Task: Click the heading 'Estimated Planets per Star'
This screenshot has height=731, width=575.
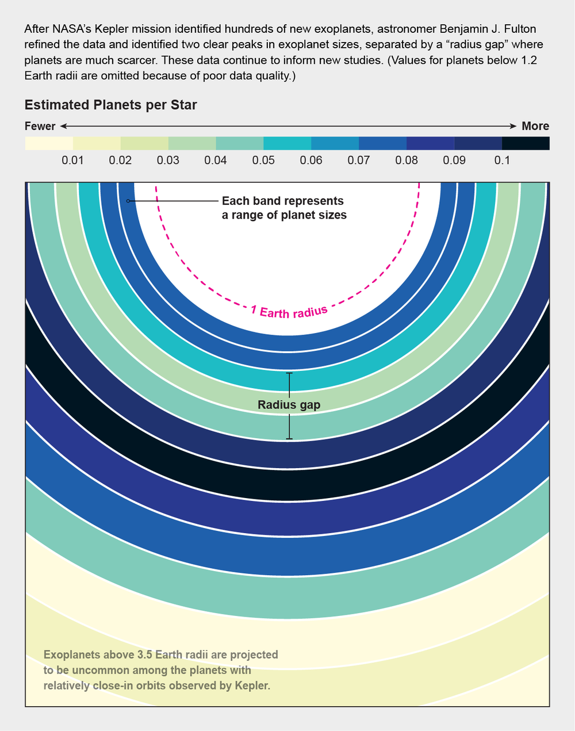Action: pos(110,105)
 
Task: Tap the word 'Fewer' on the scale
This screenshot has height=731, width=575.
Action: pos(40,126)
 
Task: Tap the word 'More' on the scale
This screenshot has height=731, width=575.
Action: pos(535,126)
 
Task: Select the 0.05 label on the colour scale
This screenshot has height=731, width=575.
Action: pos(263,160)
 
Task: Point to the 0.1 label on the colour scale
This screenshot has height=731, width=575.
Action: pos(502,160)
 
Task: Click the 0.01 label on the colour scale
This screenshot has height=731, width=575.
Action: pos(72,160)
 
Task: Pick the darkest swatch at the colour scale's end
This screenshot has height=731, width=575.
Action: pos(526,143)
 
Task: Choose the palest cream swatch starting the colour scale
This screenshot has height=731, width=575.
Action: pos(49,143)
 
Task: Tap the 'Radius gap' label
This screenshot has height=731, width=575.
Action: pos(289,405)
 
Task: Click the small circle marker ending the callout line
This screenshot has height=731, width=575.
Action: pos(128,201)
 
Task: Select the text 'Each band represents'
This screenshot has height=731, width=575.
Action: pos(282,201)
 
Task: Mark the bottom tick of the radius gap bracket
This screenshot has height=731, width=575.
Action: pos(289,439)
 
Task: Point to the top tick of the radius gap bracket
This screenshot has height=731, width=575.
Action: pos(289,373)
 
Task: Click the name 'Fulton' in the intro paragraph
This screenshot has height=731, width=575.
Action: pos(520,29)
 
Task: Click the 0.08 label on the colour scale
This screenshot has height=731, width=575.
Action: pos(407,160)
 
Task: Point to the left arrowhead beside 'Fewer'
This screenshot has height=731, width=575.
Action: pos(63,126)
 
